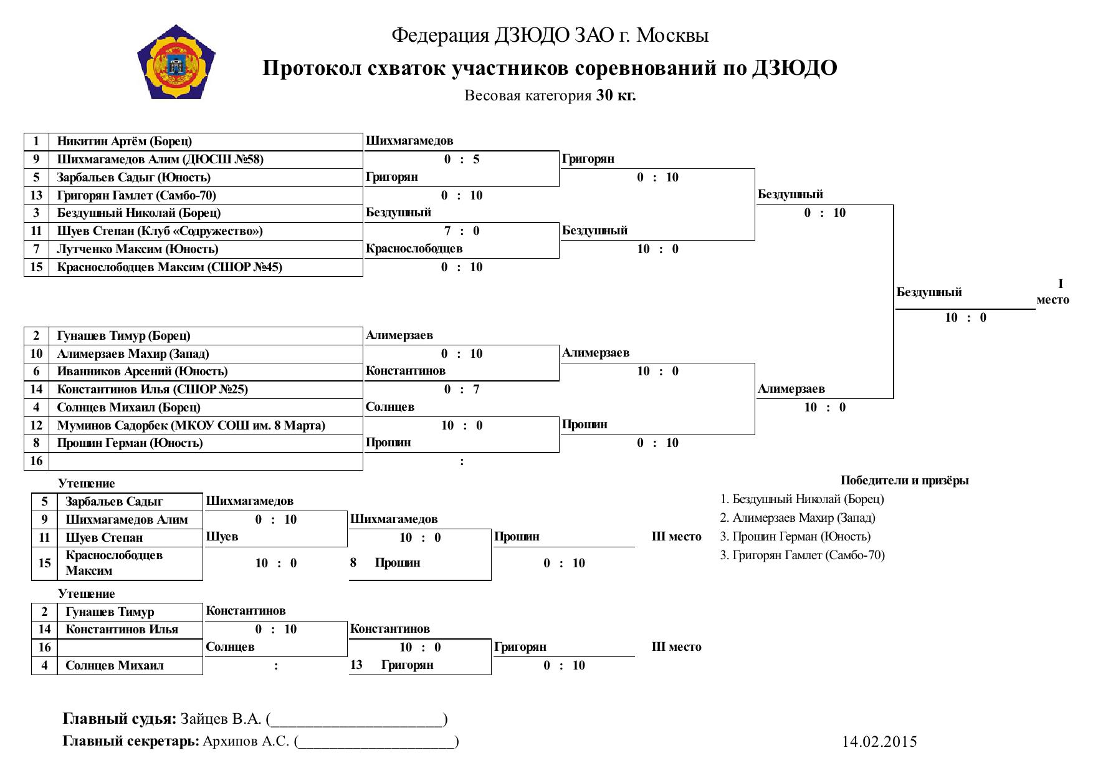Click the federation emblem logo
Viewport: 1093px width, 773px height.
[x=175, y=62]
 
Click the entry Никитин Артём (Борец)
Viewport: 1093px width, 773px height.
[x=125, y=142]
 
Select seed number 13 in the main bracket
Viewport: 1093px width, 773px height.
[x=37, y=196]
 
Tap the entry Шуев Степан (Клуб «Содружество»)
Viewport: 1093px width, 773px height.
[x=160, y=231]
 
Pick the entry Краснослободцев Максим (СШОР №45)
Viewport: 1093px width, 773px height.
[x=169, y=267]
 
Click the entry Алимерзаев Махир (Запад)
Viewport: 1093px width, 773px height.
[x=133, y=354]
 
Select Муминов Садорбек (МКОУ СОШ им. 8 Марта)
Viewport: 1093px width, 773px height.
[x=191, y=426]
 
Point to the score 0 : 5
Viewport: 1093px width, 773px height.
[x=462, y=160]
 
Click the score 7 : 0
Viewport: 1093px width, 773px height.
[x=462, y=231]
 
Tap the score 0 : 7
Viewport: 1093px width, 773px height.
[x=462, y=390]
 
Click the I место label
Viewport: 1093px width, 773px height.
[x=1053, y=292]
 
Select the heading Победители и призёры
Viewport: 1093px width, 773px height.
[x=905, y=481]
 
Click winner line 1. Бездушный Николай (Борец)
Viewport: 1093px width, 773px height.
[x=802, y=499]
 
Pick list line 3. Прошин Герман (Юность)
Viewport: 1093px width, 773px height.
[x=795, y=537]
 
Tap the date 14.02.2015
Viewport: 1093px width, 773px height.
[x=880, y=742]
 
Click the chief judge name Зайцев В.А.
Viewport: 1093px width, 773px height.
[x=221, y=719]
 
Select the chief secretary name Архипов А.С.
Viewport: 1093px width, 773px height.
[x=246, y=742]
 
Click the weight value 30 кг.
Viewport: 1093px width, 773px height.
[x=616, y=96]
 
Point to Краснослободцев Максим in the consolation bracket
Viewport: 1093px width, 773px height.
[x=114, y=563]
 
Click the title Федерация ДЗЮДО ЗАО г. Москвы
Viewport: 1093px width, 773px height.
[x=550, y=36]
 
